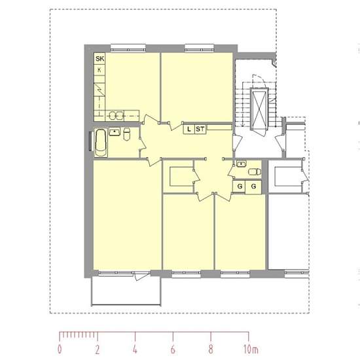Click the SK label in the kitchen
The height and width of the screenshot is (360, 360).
click(100, 59)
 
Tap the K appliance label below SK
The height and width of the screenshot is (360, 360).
click(99, 70)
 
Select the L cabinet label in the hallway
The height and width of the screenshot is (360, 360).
click(189, 129)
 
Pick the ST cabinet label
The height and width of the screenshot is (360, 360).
click(200, 129)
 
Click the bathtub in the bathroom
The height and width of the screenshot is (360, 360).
click(101, 143)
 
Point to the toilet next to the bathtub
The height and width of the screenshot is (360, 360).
click(126, 134)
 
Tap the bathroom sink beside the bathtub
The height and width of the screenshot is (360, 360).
click(115, 132)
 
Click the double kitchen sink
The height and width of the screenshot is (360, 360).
click(116, 115)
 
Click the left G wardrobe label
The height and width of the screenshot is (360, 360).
click(240, 186)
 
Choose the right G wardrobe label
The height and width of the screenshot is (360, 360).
click(253, 186)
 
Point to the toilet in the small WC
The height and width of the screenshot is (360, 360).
click(255, 171)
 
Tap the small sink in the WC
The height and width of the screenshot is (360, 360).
click(241, 164)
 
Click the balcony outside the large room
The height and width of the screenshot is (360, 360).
click(126, 291)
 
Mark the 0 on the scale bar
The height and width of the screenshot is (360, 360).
click(60, 349)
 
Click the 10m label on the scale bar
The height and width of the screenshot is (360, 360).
click(251, 350)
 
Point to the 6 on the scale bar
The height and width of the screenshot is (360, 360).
click(173, 350)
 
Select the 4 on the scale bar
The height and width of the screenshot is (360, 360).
click(135, 350)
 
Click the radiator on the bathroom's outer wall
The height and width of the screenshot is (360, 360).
click(90, 141)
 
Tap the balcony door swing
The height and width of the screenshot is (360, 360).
click(142, 276)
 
